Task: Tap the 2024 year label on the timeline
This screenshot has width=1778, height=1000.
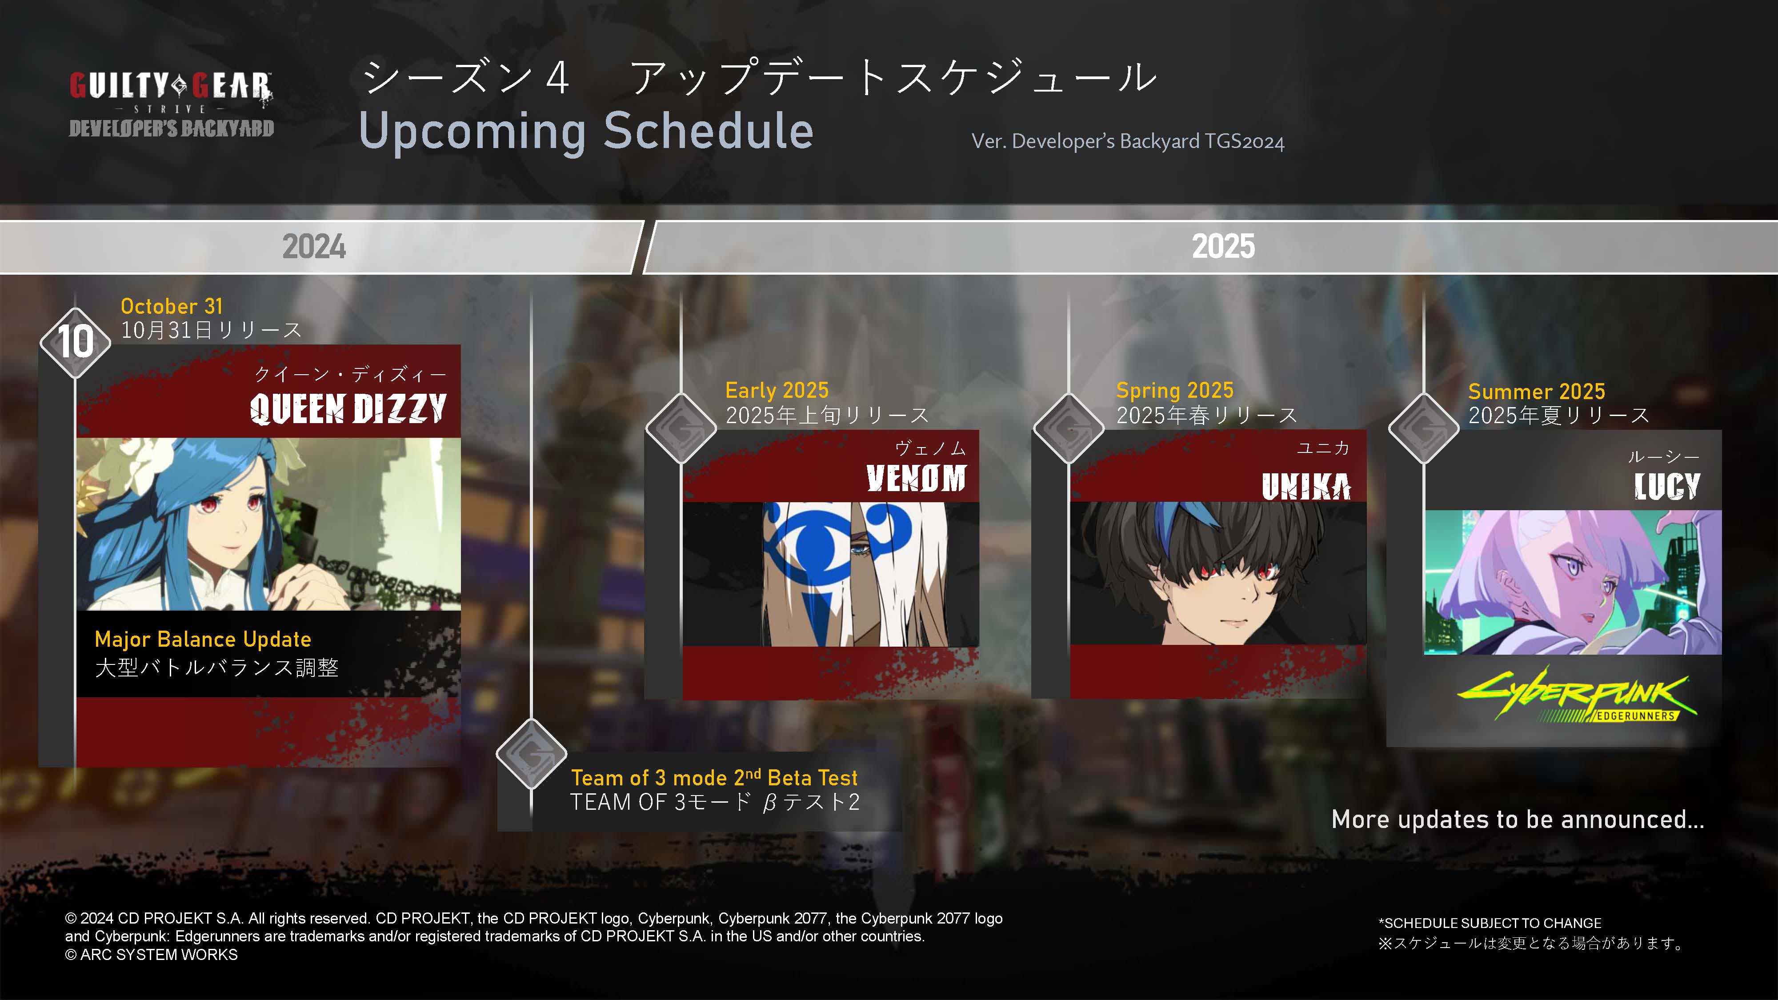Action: pos(314,246)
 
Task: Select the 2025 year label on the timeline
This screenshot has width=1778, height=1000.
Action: pos(1223,246)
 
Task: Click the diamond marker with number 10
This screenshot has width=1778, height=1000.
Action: pos(75,342)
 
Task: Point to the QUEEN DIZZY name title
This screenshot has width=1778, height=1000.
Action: pos(348,408)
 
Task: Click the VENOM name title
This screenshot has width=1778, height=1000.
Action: pos(916,478)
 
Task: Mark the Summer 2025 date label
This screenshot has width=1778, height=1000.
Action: pos(1537,391)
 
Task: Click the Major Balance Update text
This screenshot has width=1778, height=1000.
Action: pos(203,639)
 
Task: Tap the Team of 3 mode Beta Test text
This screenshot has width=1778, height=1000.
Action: pos(714,778)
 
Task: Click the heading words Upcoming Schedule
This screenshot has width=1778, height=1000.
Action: pos(586,131)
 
